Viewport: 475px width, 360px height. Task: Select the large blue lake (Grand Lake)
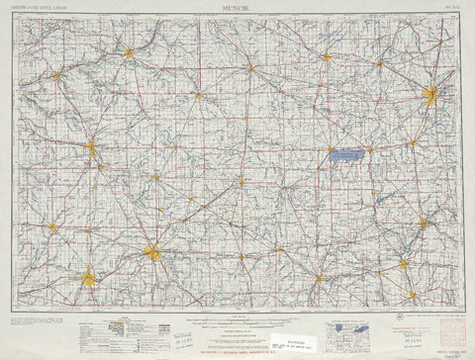coord(345,155)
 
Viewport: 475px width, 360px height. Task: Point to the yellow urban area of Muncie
coord(152,253)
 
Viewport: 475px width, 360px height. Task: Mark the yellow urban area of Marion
coord(92,150)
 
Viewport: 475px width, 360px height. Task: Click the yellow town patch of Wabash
coord(56,74)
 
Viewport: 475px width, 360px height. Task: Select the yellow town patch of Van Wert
coord(327,57)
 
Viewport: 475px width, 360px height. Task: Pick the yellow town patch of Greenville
coord(319,277)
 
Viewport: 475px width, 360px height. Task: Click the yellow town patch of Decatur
coord(251,68)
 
